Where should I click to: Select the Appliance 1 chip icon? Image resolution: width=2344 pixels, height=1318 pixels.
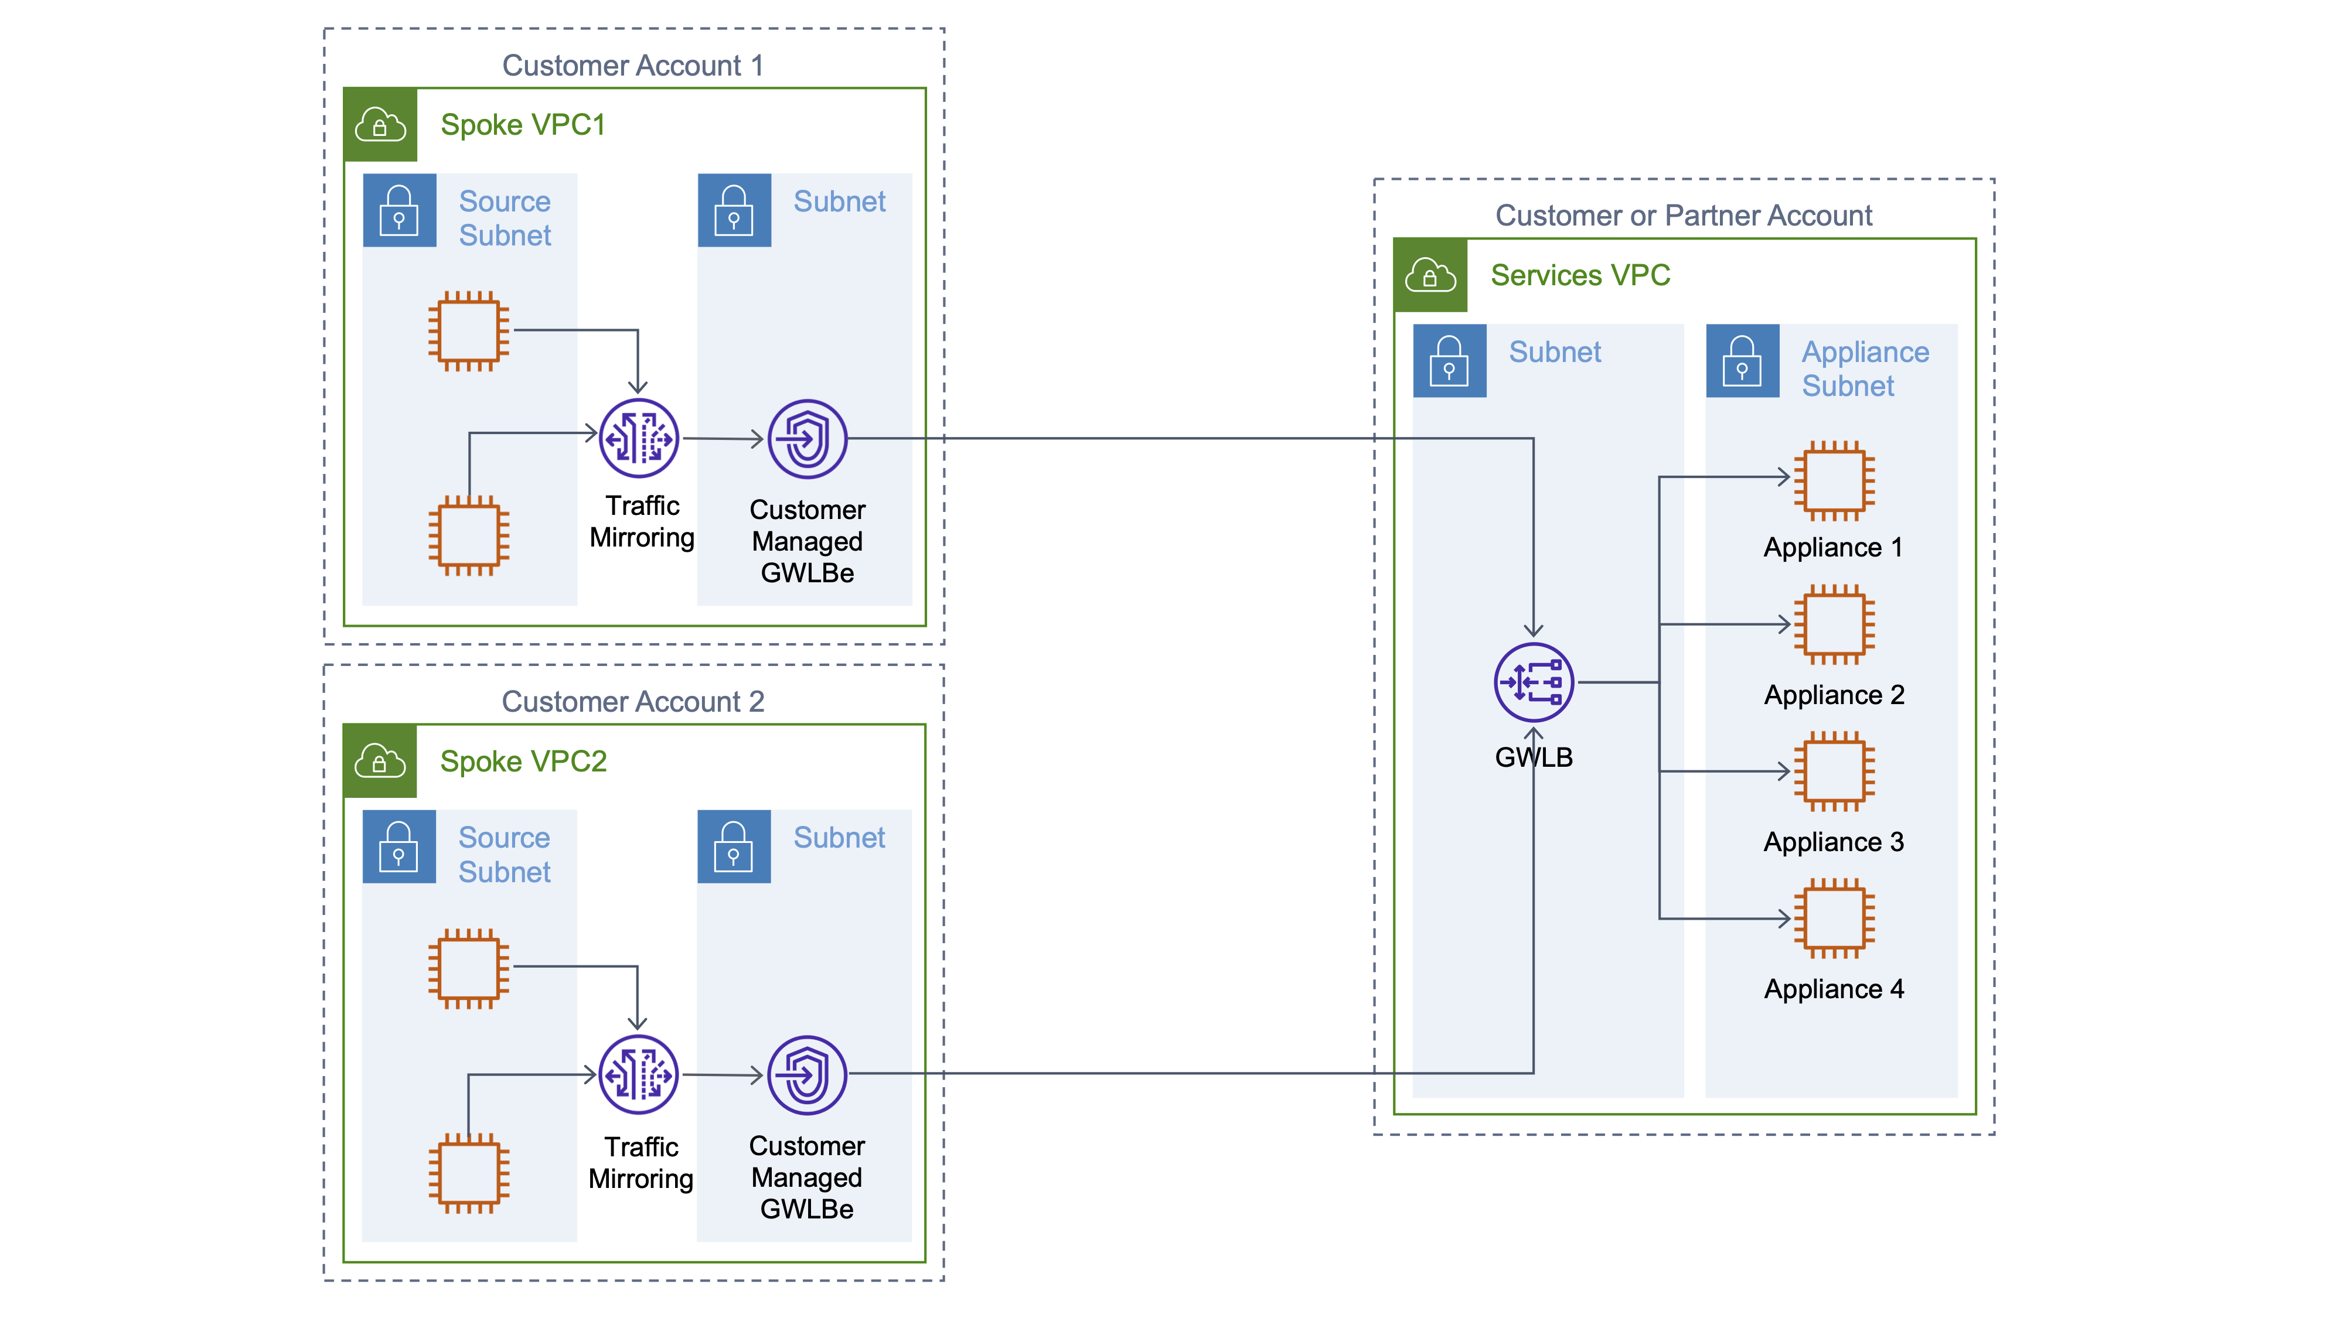coord(1834,480)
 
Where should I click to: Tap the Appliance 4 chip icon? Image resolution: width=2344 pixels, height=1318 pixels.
coord(1834,918)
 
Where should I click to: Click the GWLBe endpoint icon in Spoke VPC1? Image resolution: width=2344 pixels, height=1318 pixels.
coord(807,438)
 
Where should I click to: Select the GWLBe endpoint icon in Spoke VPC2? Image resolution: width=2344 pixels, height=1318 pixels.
coord(806,1074)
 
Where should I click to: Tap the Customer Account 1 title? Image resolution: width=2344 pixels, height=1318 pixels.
coord(632,66)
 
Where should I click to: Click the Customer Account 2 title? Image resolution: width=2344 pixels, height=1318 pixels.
coord(632,701)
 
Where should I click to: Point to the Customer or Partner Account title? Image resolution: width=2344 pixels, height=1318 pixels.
coord(1684,216)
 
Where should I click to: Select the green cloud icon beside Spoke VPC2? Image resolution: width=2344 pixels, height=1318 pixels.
coord(380,760)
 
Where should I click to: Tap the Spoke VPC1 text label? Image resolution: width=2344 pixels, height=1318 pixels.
coord(523,125)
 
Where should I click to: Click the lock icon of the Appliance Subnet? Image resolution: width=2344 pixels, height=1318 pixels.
coord(1742,360)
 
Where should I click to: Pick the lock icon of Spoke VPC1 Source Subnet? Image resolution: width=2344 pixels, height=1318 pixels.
coord(398,210)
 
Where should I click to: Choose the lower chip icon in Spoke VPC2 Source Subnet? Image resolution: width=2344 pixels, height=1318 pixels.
coord(469,1173)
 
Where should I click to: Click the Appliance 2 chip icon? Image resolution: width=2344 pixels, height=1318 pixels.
coord(1834,624)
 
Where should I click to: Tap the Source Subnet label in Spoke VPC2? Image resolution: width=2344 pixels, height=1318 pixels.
coord(504,854)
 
